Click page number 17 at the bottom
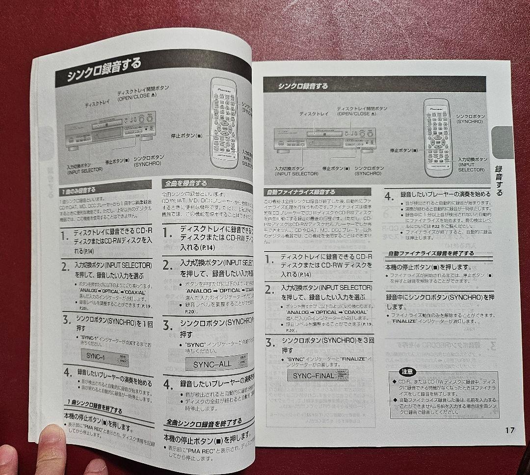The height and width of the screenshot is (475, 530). click(x=509, y=430)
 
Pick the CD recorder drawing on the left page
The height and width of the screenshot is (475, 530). click(x=109, y=129)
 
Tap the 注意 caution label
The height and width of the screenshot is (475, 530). click(x=407, y=372)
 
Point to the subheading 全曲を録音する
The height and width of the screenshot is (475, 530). click(x=186, y=183)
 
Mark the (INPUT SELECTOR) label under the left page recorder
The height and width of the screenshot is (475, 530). click(x=85, y=169)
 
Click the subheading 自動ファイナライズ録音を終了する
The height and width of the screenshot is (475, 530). click(x=430, y=253)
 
